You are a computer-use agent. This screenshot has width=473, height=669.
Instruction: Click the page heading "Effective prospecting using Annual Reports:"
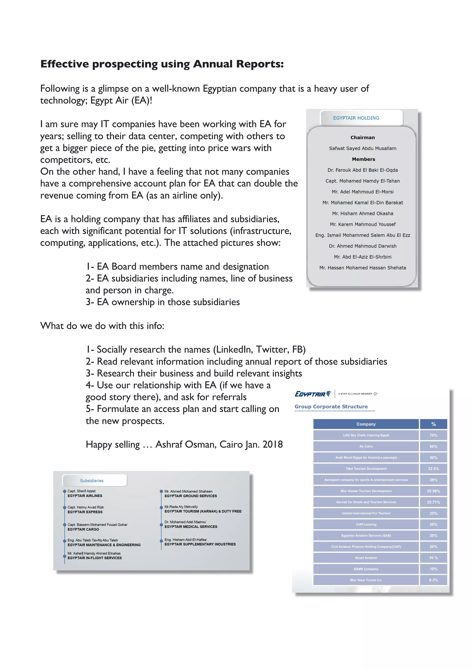(162, 64)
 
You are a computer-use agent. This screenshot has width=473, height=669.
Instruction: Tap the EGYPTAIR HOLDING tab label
(356, 118)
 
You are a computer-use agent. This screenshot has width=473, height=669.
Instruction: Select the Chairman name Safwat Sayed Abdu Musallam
(363, 148)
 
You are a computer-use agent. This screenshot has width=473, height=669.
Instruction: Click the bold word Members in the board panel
(363, 159)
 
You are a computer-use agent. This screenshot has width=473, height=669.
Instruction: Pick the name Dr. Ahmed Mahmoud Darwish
(363, 246)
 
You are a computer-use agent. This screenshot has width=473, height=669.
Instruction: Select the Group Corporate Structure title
(331, 407)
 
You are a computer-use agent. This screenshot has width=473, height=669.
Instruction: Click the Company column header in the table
(366, 424)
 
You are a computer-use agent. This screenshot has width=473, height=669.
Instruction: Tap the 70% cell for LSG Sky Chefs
(433, 435)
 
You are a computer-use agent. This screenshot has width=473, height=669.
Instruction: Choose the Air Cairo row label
(366, 446)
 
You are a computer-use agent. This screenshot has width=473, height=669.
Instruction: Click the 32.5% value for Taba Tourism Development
(433, 469)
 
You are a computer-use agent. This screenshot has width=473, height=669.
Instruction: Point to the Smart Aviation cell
(366, 558)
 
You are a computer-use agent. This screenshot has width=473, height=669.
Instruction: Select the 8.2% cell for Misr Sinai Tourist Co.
(433, 580)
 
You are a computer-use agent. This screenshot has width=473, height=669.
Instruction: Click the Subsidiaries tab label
(92, 481)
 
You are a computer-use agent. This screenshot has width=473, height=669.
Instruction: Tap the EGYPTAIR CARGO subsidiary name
(83, 529)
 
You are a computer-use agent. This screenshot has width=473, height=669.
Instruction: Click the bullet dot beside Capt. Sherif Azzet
(65, 491)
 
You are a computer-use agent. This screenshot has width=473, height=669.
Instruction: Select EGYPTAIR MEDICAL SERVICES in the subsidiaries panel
(191, 527)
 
